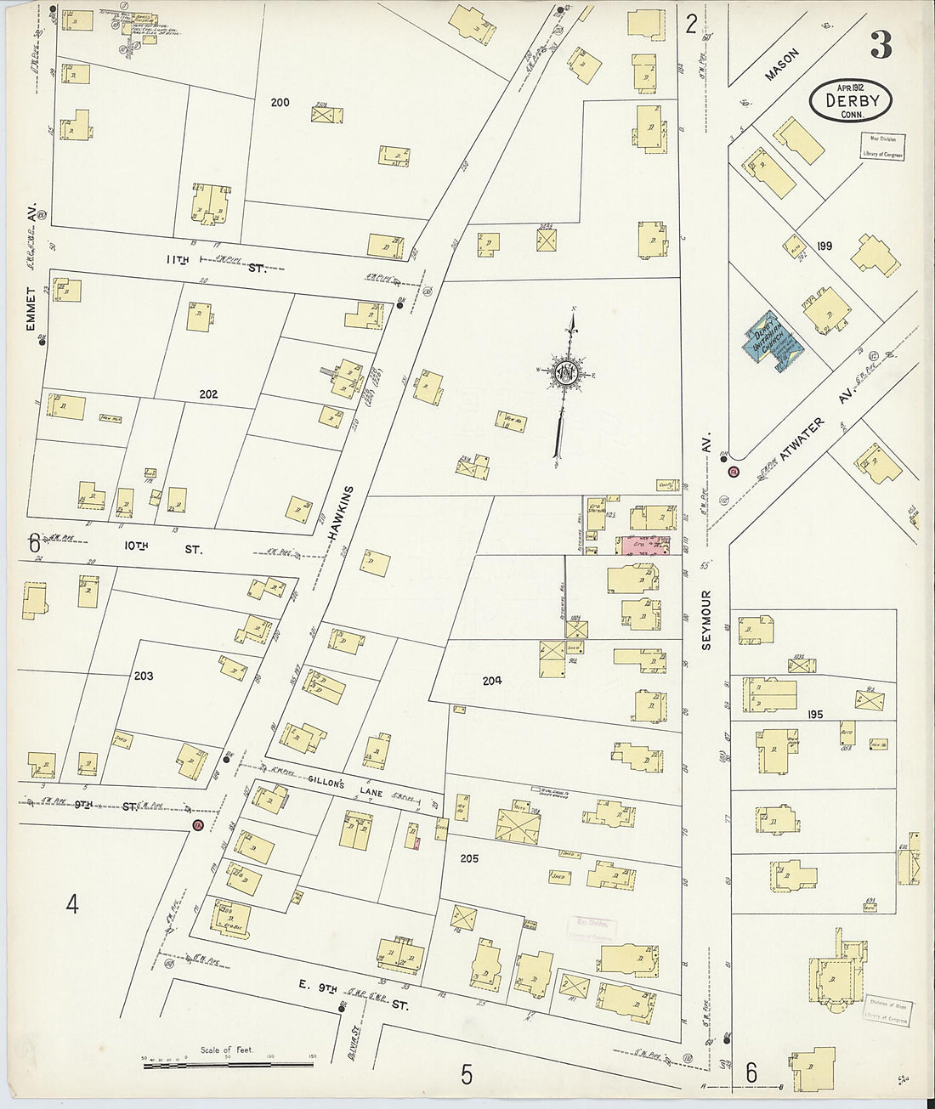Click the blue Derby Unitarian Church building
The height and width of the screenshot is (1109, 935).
coord(772,342)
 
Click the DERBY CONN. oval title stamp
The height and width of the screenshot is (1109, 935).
coord(850,101)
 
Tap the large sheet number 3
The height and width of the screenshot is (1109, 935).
coord(881,46)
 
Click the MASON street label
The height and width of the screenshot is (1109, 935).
coord(782,65)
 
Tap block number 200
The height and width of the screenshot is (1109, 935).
coord(280,102)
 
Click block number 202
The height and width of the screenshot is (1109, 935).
coord(208,394)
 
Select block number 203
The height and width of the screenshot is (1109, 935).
coord(144,676)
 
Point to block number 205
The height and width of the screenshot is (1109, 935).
coord(469,858)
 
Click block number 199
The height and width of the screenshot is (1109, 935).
coord(824,246)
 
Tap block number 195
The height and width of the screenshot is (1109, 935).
coord(815,715)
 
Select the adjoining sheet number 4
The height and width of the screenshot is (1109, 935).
coord(72,904)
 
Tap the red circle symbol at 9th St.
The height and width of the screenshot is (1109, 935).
coord(197,825)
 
